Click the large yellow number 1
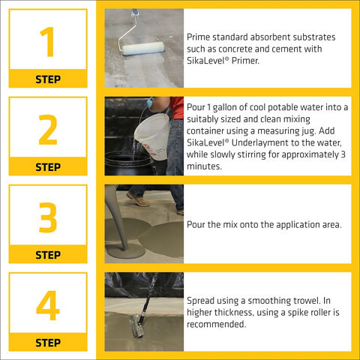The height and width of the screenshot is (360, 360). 48,42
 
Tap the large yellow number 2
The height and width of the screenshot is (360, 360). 48,130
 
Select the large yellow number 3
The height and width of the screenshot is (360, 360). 48,217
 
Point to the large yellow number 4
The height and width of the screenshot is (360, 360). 48,305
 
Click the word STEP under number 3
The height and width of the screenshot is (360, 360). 48,255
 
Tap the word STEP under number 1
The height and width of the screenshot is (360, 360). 48,79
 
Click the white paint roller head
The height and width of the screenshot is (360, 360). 143,49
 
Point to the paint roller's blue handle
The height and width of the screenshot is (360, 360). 135,12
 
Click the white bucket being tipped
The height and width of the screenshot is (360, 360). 153,136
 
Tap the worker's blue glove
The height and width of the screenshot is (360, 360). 150,103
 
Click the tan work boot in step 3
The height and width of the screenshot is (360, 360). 138,199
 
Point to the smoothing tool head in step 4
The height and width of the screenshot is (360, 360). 138,325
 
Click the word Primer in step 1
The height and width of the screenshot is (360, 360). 245,61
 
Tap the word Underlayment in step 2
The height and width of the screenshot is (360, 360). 263,143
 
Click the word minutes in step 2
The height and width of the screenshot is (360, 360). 204,166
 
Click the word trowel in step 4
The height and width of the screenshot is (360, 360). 306,301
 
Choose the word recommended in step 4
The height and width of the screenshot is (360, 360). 217,324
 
